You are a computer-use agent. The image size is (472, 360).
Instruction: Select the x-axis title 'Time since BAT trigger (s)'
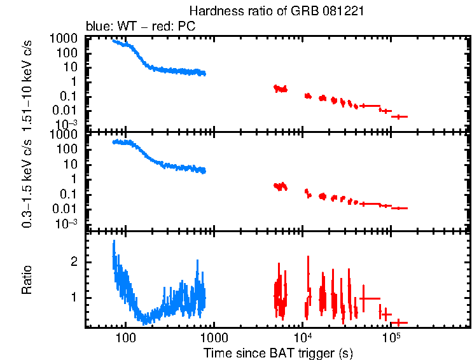[x=278, y=352]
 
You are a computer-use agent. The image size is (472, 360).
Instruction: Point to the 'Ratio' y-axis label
[x=27, y=280]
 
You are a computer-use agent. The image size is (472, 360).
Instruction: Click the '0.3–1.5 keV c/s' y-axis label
[x=27, y=181]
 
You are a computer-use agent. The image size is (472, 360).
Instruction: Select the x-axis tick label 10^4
[x=302, y=336]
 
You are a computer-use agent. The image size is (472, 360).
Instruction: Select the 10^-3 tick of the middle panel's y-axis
[x=69, y=223]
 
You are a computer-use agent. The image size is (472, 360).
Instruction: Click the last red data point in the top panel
[x=399, y=116]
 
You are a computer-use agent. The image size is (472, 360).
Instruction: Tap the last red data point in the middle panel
[x=399, y=208]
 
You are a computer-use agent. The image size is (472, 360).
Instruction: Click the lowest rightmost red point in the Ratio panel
[x=399, y=322]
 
